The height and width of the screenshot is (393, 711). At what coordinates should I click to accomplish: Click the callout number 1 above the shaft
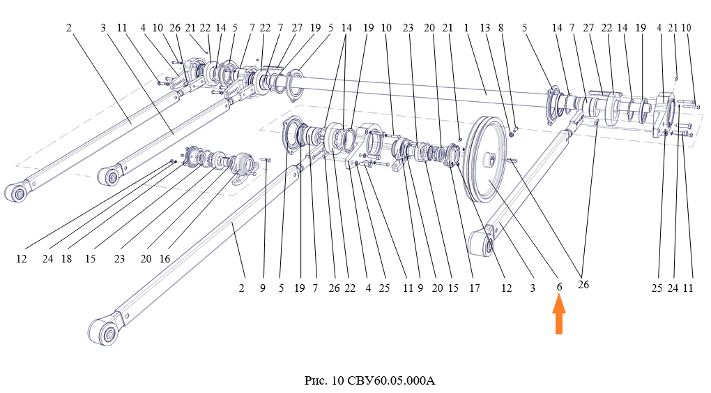point(466,28)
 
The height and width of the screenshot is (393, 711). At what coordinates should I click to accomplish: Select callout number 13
point(486,28)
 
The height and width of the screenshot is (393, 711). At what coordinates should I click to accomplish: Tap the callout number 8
point(501,28)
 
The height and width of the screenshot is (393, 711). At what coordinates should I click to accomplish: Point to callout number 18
point(67,258)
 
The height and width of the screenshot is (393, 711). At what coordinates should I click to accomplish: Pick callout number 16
point(165,258)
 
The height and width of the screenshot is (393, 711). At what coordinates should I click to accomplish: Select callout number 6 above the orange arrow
point(559,287)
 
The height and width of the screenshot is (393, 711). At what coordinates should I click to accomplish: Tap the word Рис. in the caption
point(317,381)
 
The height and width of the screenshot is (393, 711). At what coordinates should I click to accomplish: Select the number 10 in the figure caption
point(338,381)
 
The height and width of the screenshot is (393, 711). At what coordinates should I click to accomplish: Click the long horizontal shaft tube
point(418,94)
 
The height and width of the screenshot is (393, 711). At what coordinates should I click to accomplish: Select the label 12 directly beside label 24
point(22,258)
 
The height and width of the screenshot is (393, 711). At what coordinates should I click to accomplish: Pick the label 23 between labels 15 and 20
point(119,258)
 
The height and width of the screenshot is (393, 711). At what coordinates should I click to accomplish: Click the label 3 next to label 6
point(533,287)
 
